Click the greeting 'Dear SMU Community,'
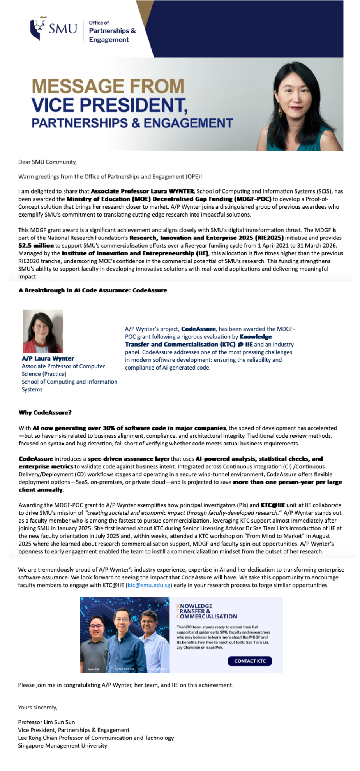pyautogui.click(x=48, y=162)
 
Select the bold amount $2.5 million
pyautogui.click(x=36, y=246)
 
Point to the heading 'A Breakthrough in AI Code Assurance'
pyautogui.click(x=93, y=290)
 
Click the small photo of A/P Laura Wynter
pyautogui.click(x=43, y=331)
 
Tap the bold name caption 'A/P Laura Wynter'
pyautogui.click(x=48, y=359)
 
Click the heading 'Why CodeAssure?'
pyautogui.click(x=45, y=413)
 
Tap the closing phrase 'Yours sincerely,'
pyautogui.click(x=38, y=708)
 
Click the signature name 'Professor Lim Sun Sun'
pyautogui.click(x=46, y=722)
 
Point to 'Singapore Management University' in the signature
pyautogui.click(x=62, y=746)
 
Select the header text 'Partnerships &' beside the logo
pyautogui.click(x=112, y=31)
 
